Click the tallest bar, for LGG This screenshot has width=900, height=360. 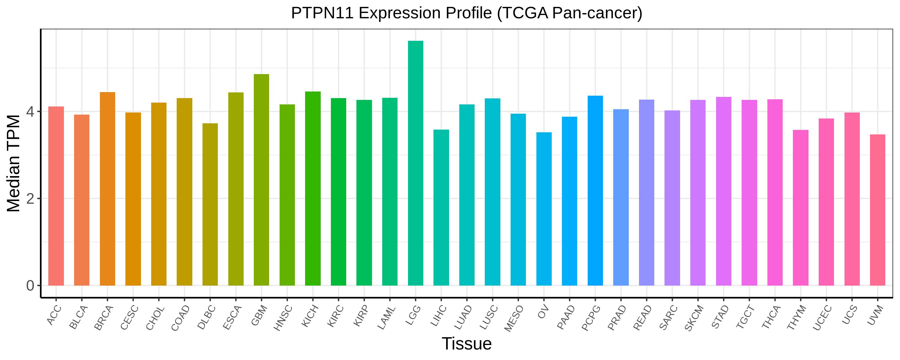pyautogui.click(x=415, y=163)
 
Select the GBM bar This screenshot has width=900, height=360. pyautogui.click(x=261, y=180)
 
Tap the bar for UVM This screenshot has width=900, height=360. pyautogui.click(x=877, y=210)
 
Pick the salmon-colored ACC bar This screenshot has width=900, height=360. pyautogui.click(x=56, y=196)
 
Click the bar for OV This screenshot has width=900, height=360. pyautogui.click(x=544, y=209)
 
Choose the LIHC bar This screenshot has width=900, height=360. pyautogui.click(x=441, y=208)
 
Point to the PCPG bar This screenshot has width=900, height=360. pyautogui.click(x=595, y=190)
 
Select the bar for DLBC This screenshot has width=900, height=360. pyautogui.click(x=210, y=205)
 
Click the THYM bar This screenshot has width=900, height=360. pyautogui.click(x=801, y=208)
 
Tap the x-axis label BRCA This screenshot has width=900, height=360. pyautogui.click(x=104, y=318)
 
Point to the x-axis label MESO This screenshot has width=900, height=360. pyautogui.click(x=514, y=318)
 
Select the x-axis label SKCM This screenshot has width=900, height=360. pyautogui.click(x=694, y=318)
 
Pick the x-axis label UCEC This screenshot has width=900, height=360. pyautogui.click(x=822, y=318)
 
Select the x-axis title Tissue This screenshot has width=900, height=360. pyautogui.click(x=467, y=344)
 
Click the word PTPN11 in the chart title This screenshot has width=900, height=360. pyautogui.click(x=322, y=13)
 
